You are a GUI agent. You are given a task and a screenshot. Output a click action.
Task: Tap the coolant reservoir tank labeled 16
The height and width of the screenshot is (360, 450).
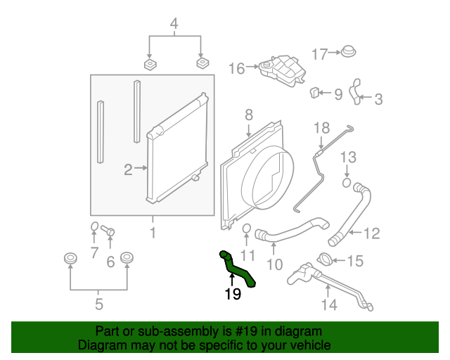click(x=278, y=70)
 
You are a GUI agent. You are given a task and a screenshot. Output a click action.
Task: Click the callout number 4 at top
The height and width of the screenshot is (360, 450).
click(x=174, y=26)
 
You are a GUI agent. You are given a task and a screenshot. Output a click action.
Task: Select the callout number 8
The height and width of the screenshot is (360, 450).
click(x=248, y=114)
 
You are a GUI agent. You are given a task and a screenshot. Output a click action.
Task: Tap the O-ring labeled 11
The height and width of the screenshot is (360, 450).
click(x=247, y=230)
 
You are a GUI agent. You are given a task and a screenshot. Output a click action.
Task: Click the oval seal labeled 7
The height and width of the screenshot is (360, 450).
click(x=94, y=226)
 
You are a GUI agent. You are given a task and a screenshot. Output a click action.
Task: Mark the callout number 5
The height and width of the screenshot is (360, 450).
click(x=98, y=304)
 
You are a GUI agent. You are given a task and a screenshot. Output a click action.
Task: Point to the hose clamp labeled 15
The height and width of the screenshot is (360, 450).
click(x=325, y=259)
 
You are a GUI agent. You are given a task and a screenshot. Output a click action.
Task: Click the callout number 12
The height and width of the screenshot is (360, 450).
click(x=371, y=233)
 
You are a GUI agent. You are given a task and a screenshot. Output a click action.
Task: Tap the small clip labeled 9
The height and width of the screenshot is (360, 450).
click(x=316, y=92)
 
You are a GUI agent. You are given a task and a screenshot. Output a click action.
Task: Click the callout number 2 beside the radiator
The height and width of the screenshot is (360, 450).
click(x=128, y=169)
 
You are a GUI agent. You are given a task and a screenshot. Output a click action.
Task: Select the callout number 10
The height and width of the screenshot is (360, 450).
click(x=274, y=265)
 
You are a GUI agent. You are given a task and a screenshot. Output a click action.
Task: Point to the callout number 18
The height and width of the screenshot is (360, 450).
click(x=321, y=128)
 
